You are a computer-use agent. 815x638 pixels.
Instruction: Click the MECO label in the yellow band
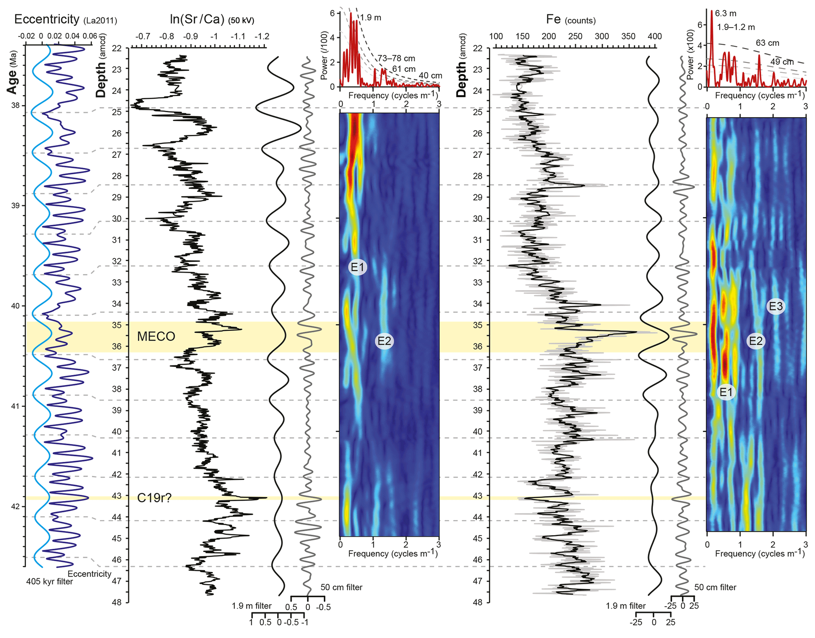156,336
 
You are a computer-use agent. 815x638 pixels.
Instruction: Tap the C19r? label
154,498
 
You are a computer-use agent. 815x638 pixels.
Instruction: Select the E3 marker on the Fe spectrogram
776,306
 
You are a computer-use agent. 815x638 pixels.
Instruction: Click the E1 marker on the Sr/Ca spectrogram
358,267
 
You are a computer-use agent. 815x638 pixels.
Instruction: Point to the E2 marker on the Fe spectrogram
755,341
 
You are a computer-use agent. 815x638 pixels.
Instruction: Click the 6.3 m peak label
725,13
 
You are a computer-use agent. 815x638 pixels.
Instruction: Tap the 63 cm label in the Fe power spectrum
767,43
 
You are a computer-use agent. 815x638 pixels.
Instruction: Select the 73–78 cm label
396,58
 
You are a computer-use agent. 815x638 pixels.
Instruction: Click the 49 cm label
781,62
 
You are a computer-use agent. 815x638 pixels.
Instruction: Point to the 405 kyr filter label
49,582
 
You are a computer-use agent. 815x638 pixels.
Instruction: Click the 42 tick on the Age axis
16,506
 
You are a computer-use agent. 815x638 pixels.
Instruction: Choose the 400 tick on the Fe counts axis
655,37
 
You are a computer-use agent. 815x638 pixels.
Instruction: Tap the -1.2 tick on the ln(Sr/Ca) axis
261,37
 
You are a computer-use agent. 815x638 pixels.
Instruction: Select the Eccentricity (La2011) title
65,19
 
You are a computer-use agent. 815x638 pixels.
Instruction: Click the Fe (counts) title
571,19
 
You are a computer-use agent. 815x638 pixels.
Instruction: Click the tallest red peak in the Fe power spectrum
712,11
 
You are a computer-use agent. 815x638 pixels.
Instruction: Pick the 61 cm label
403,69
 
